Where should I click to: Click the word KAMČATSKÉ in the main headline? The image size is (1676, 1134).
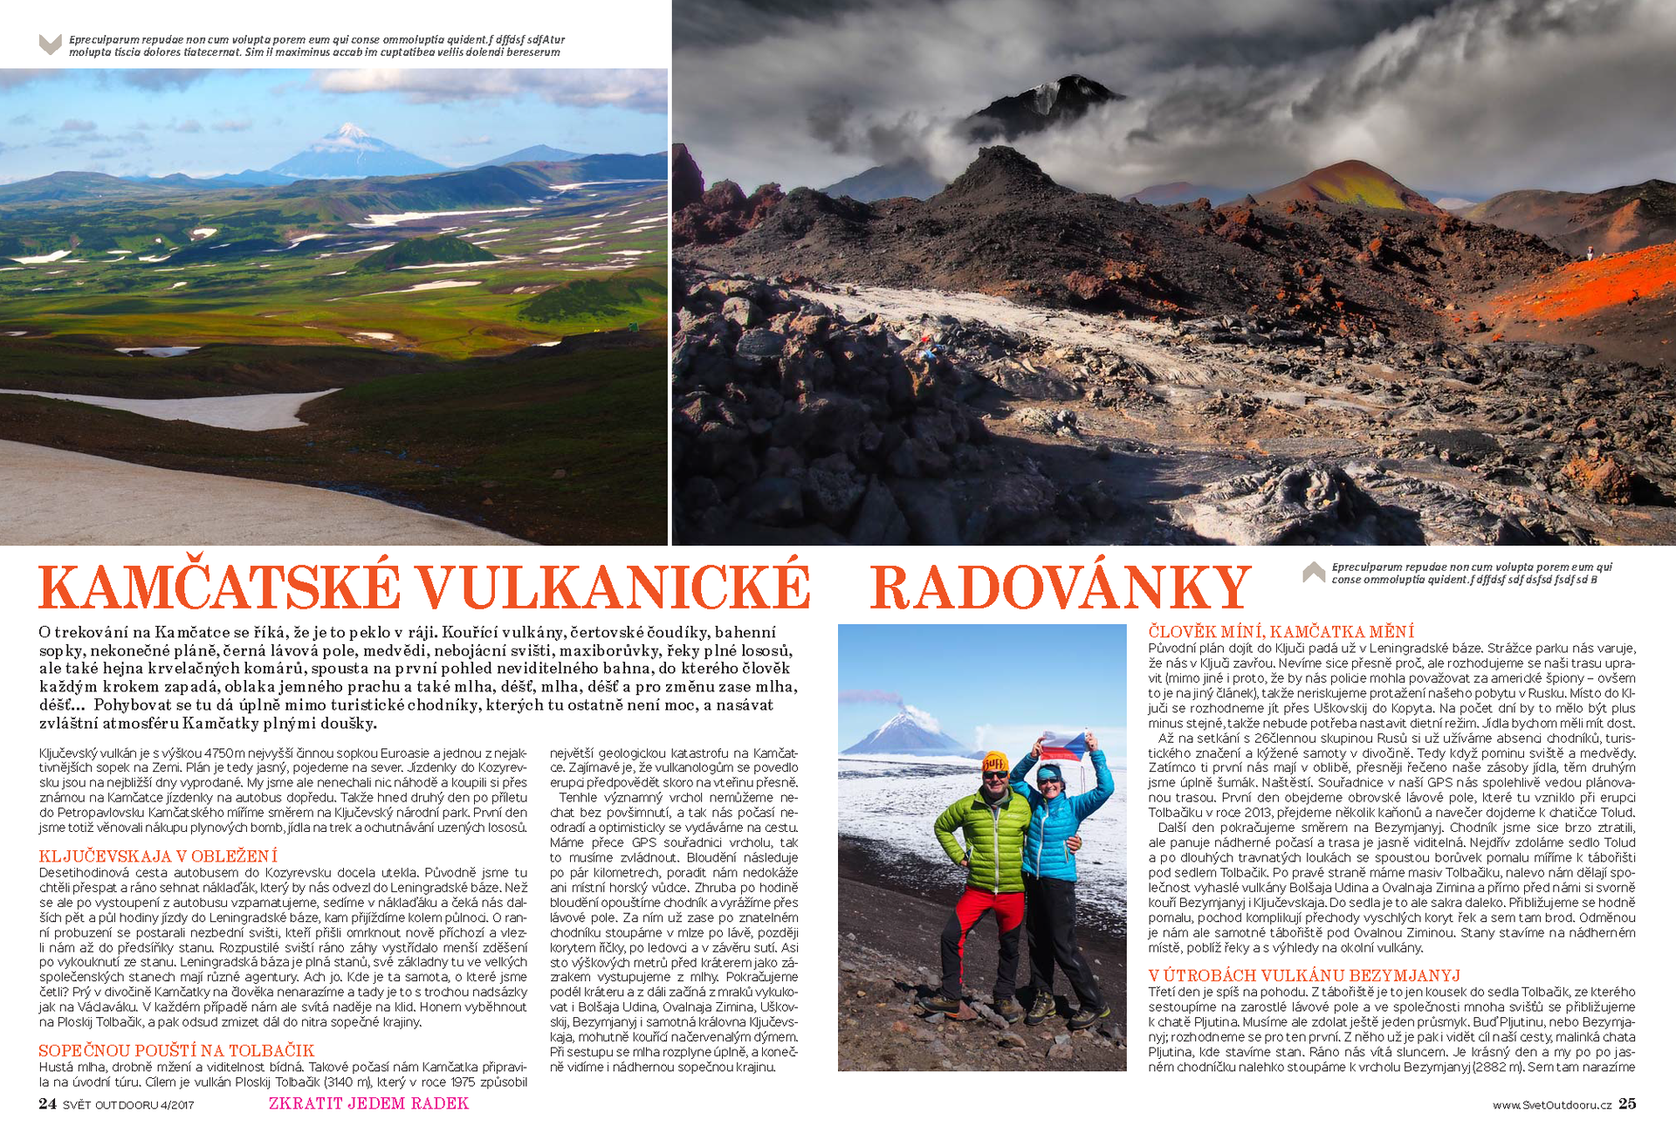click(220, 588)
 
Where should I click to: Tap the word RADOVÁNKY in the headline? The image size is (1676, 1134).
click(1061, 588)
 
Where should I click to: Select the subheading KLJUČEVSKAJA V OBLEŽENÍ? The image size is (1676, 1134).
click(158, 856)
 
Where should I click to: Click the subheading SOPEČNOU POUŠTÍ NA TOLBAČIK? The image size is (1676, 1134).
click(176, 1050)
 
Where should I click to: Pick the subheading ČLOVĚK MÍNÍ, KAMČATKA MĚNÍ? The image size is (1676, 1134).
click(1281, 631)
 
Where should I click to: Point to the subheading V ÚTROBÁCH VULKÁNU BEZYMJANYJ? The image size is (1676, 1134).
click(1304, 975)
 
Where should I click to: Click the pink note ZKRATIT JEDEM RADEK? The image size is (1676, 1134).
click(368, 1103)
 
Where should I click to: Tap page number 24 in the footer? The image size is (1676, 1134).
click(47, 1103)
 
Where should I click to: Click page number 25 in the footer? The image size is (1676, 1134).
click(1627, 1103)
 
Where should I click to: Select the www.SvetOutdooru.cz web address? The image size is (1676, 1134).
click(1551, 1105)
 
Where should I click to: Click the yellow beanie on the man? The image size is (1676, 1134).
click(995, 761)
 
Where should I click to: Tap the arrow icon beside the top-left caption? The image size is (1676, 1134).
click(51, 45)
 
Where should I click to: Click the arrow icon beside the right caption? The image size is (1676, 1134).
click(1314, 573)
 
